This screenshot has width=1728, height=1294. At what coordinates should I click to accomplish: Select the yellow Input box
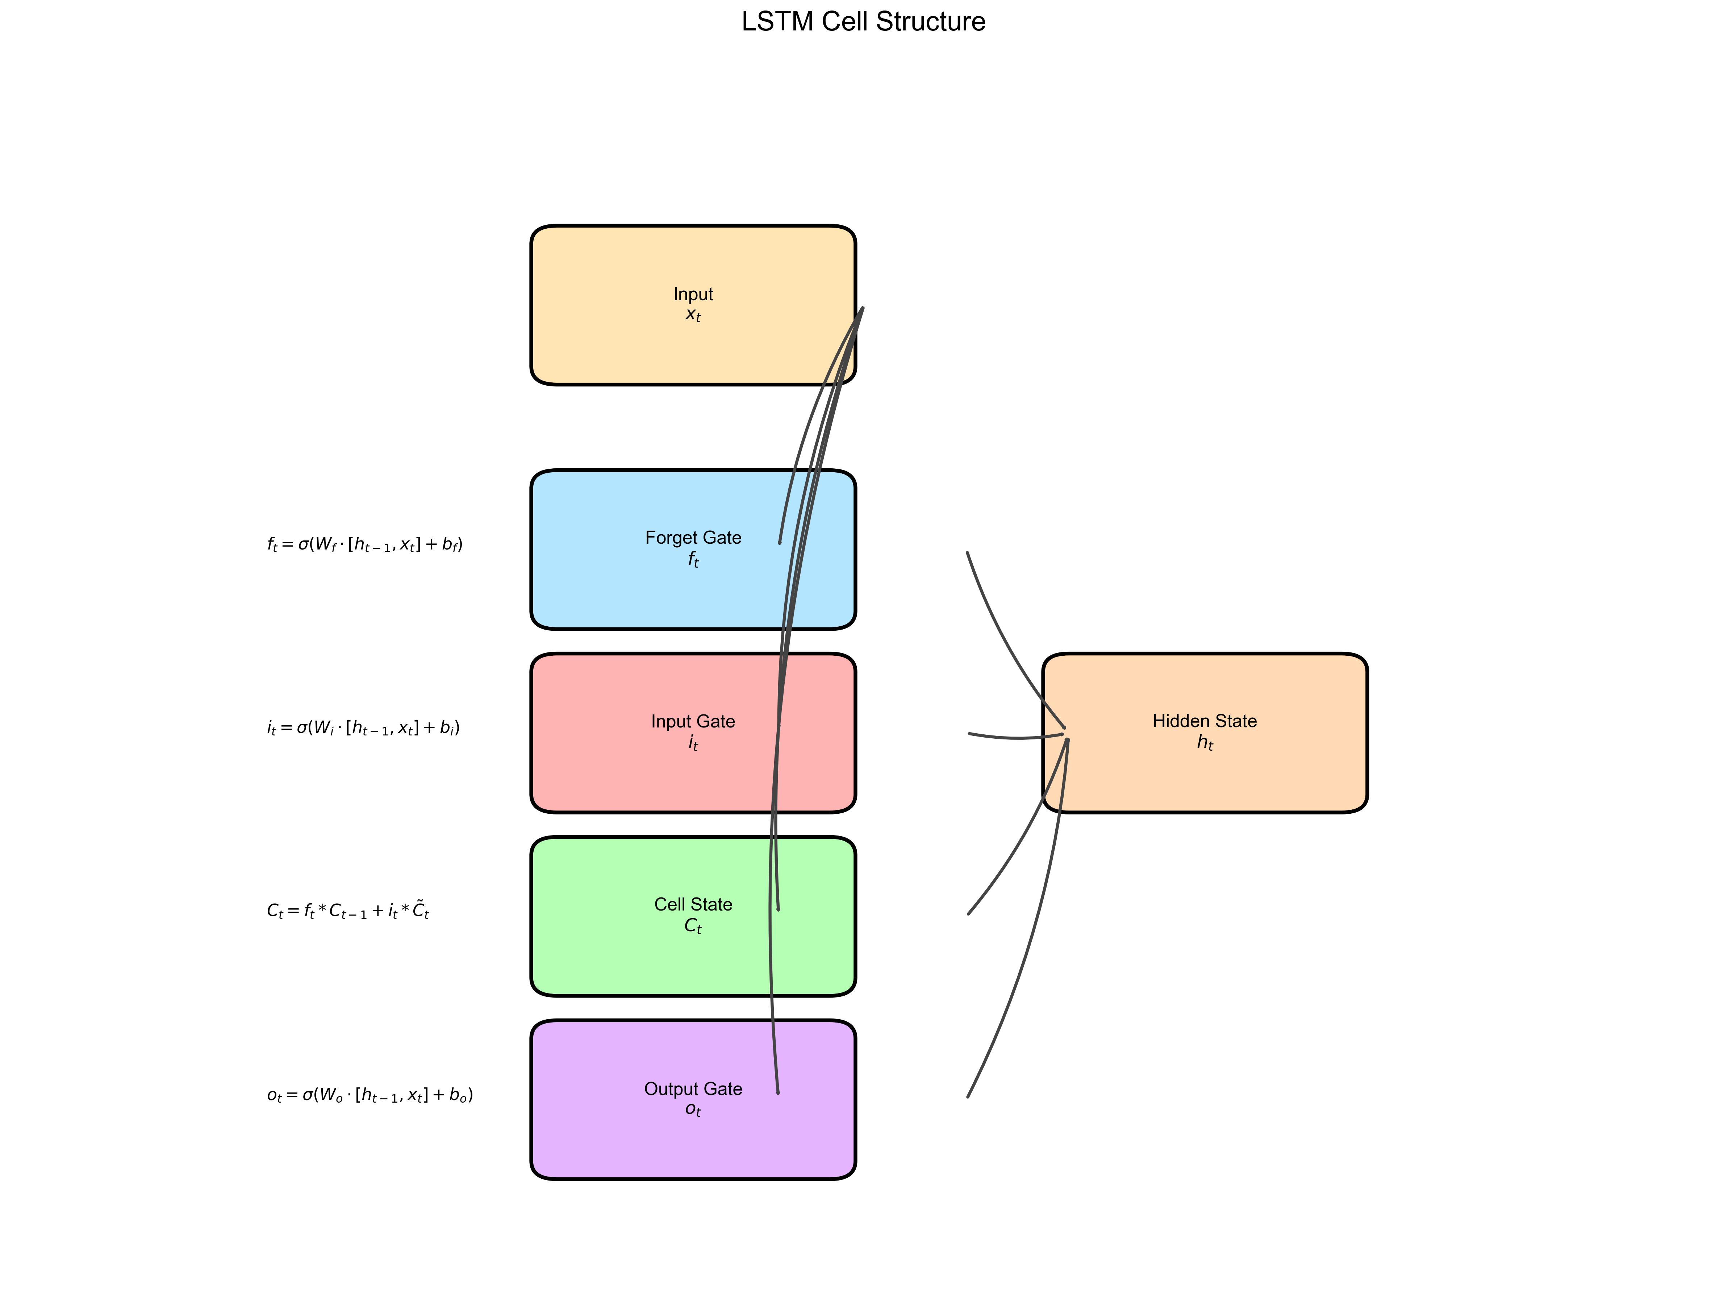(x=693, y=305)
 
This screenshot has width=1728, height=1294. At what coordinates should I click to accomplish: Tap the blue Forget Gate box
(x=693, y=549)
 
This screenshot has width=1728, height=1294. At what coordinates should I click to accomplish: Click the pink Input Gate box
(x=693, y=733)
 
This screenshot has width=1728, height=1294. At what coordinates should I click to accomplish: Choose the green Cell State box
(x=693, y=916)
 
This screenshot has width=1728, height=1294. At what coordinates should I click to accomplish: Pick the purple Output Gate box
(x=693, y=1099)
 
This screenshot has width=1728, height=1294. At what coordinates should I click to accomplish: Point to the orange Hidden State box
(x=1205, y=733)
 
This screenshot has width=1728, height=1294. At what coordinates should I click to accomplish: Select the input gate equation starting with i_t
(x=363, y=727)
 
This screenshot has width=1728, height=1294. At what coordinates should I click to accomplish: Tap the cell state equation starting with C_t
(x=348, y=911)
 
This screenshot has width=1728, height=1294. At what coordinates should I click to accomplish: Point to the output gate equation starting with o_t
(x=370, y=1095)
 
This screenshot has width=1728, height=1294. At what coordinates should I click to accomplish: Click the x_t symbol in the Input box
(x=693, y=315)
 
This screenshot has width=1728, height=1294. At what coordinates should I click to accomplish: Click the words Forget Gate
(x=693, y=538)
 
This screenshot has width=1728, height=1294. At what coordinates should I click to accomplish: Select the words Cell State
(x=693, y=904)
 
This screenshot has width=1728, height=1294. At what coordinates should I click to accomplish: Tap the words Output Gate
(x=693, y=1088)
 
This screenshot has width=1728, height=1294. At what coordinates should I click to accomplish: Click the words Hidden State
(x=1205, y=721)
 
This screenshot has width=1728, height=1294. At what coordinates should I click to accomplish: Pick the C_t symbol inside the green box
(x=693, y=926)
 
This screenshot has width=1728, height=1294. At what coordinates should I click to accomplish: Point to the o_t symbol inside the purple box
(x=693, y=1110)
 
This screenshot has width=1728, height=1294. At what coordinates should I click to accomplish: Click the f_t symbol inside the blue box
(x=693, y=560)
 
